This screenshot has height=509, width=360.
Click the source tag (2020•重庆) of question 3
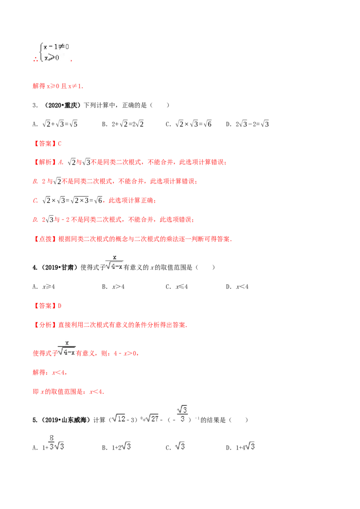61,105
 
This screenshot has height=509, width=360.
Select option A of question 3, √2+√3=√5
55,124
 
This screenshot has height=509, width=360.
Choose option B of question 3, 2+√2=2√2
123,124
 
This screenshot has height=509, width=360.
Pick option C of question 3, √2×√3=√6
189,124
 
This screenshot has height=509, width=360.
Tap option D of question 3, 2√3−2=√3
247,124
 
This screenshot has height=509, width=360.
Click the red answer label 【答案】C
47,143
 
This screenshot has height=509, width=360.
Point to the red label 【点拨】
45,239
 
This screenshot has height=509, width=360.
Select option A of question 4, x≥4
44,286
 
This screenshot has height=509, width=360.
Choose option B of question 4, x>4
113,286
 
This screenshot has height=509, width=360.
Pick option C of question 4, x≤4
177,286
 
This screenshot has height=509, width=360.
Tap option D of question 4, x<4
237,286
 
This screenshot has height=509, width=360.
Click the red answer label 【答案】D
47,306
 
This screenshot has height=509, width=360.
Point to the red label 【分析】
45,325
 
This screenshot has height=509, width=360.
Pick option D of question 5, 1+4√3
240,447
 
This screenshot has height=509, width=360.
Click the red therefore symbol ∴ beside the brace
36,59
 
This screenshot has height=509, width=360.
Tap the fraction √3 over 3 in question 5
182,414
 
